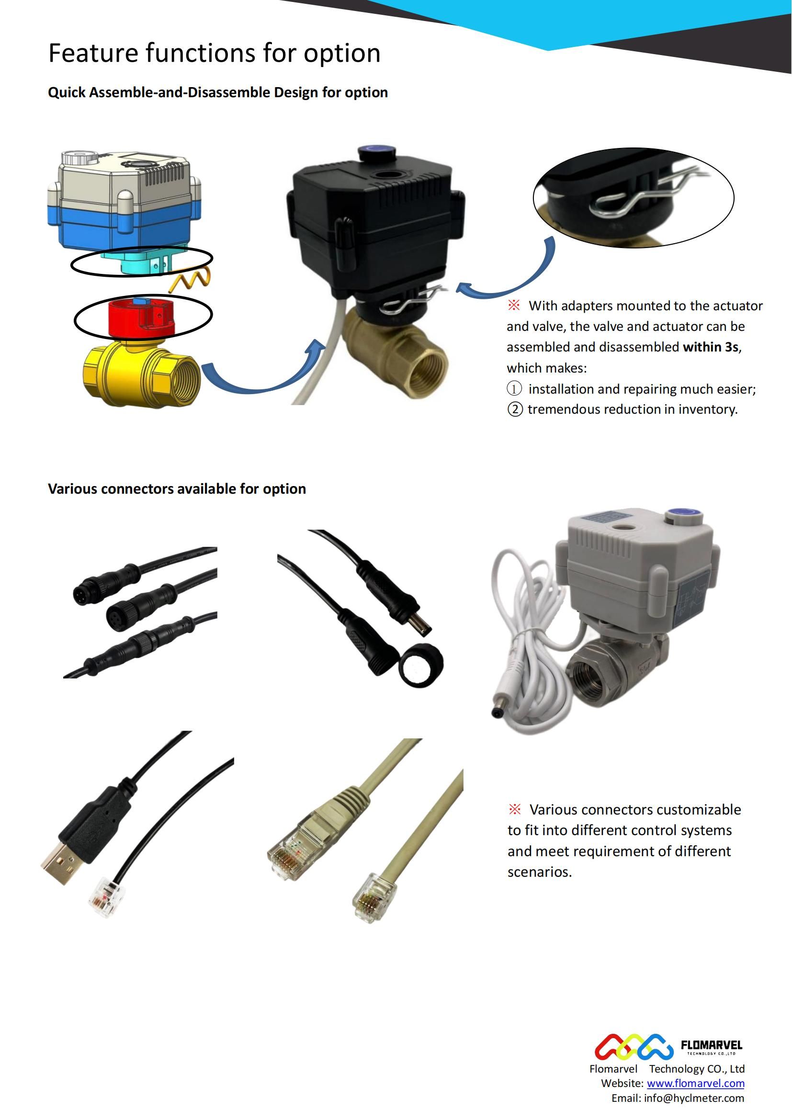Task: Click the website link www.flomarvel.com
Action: pos(695,1084)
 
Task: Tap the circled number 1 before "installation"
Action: pos(514,389)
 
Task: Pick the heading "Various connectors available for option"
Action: pos(177,489)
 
